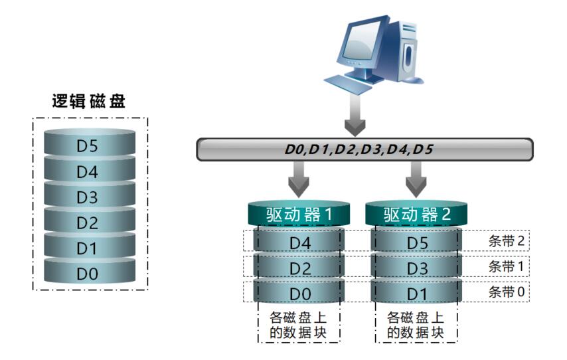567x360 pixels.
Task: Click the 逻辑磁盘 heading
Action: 89,101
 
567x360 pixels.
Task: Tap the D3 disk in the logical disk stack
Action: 89,197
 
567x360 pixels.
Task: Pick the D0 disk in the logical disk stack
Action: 89,273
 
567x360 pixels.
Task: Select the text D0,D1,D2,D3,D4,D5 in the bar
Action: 359,149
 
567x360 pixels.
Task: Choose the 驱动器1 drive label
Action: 299,215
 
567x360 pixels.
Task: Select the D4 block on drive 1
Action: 299,242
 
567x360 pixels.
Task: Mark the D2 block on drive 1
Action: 299,268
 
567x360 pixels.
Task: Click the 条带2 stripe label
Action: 507,240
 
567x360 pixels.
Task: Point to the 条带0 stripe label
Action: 507,292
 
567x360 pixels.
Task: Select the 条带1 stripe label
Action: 507,266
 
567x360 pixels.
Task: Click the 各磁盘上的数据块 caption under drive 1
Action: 299,324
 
